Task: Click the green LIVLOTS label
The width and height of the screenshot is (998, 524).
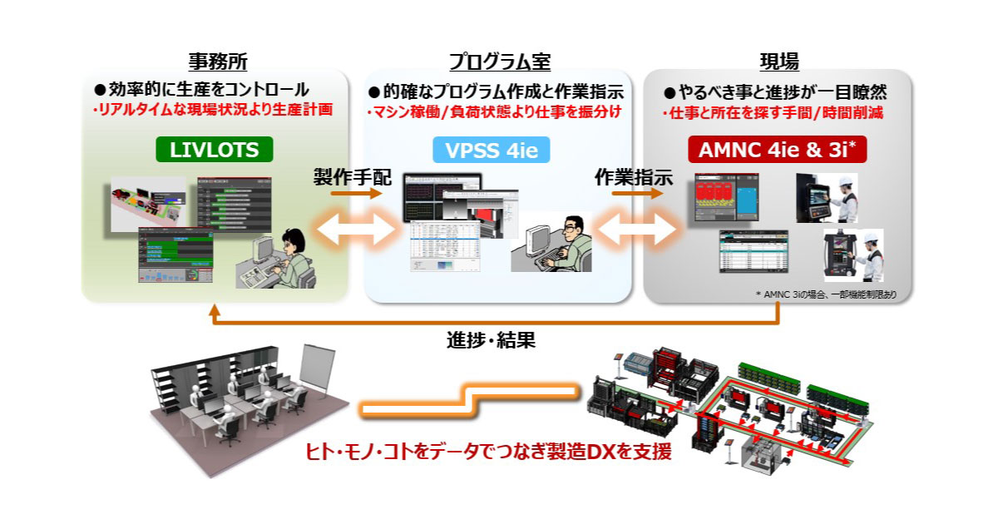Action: pyautogui.click(x=214, y=151)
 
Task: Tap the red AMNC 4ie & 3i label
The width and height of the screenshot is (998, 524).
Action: pyautogui.click(x=777, y=151)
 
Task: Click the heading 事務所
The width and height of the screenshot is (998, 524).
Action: pyautogui.click(x=217, y=62)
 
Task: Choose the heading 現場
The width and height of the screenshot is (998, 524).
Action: pyautogui.click(x=778, y=62)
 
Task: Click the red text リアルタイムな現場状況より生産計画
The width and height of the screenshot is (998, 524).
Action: pyautogui.click(x=215, y=109)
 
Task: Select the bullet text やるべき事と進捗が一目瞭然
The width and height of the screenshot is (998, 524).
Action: pyautogui.click(x=779, y=91)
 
